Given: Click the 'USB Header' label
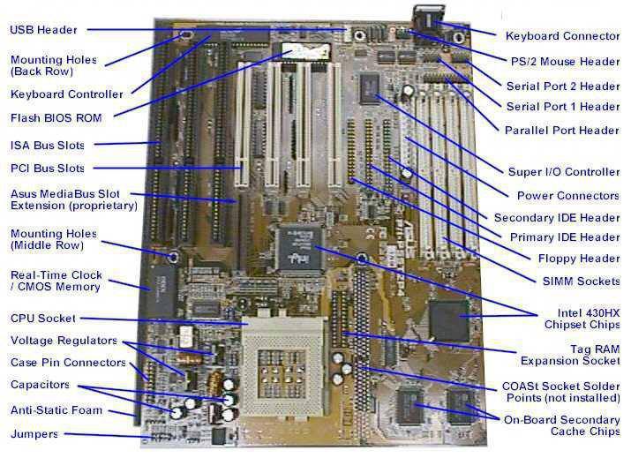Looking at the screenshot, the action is [43, 30].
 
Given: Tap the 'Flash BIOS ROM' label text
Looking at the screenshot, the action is [56, 118].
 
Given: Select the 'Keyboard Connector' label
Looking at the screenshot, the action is [562, 36].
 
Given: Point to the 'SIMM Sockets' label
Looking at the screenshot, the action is [581, 281].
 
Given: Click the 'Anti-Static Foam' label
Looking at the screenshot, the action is [56, 410].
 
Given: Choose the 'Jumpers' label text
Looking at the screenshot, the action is [34, 434].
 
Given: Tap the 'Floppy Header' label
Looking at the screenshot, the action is [579, 259].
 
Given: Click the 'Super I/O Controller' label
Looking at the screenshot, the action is [564, 172].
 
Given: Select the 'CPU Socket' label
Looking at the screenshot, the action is [43, 319].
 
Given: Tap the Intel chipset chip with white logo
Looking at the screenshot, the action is [301, 249].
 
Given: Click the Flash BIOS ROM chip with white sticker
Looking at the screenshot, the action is [305, 50].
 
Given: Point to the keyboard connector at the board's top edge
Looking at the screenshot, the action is [429, 19].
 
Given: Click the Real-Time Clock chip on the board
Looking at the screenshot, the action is [162, 290].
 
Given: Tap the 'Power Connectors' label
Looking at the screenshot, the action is [568, 196].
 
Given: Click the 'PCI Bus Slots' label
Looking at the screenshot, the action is [48, 169].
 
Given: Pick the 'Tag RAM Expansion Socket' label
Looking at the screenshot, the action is [570, 355].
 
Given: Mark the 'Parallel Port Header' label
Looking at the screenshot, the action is [562, 131].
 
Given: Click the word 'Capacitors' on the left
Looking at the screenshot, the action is [40, 385].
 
